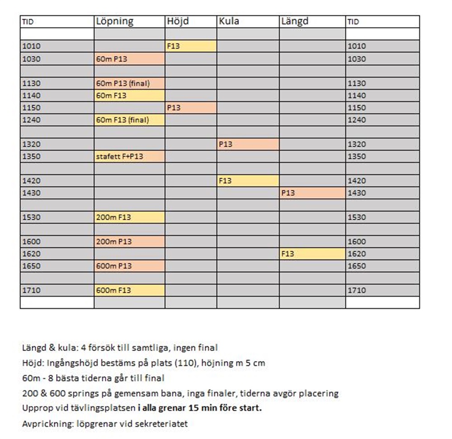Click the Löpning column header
point(114,21)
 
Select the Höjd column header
point(178,21)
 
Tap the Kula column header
point(229,21)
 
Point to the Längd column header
point(295,21)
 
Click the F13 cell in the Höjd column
point(191,46)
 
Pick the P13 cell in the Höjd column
point(191,108)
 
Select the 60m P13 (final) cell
point(129,83)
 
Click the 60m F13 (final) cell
point(129,120)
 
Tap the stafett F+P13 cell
point(129,157)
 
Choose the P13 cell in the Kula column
point(248,144)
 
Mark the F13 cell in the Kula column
point(248,181)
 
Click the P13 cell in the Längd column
point(312,193)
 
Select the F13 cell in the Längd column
point(312,254)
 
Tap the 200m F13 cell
point(129,217)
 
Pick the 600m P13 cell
point(129,266)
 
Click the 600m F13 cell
point(129,290)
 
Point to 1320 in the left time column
point(31,144)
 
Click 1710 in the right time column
point(357,290)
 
